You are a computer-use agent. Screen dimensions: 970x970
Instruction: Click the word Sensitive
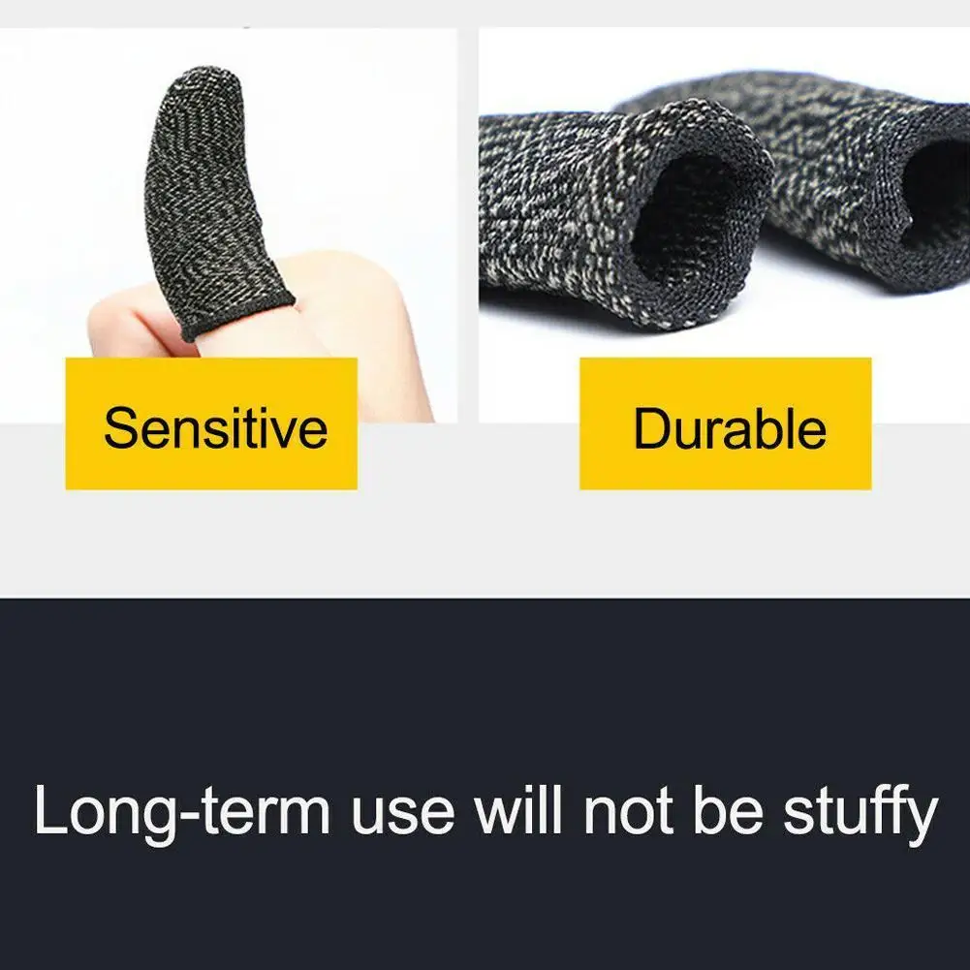click(215, 427)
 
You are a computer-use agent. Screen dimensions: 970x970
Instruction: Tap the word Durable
click(729, 427)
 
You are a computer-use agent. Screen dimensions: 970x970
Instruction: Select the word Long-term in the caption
click(182, 811)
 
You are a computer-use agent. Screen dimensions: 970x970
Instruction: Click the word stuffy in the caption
click(860, 811)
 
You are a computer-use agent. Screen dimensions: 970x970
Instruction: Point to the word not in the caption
click(627, 811)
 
